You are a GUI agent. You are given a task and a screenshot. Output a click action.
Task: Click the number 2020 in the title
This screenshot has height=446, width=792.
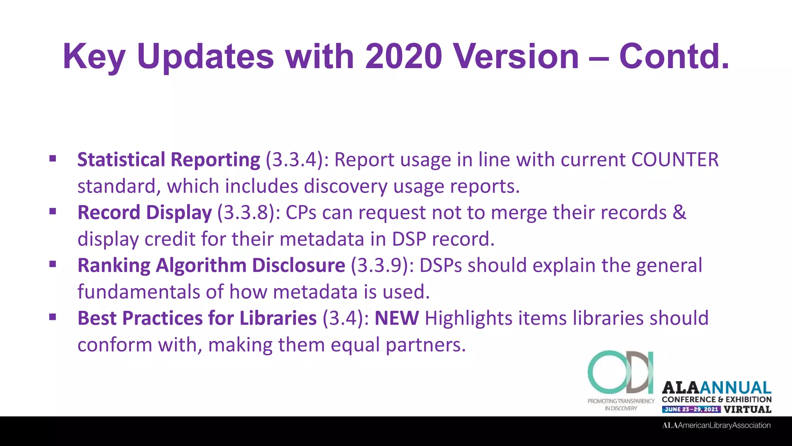point(403,57)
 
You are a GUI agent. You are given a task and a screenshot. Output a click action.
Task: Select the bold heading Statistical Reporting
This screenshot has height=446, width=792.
point(169,160)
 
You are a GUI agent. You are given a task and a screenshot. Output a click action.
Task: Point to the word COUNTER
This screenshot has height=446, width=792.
point(675,160)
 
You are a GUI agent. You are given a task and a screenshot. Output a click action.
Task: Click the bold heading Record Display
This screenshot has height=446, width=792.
point(145,213)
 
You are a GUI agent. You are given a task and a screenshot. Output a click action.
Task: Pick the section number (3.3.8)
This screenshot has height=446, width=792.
point(249,213)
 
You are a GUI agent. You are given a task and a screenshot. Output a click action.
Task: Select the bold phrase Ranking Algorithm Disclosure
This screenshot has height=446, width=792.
point(211,266)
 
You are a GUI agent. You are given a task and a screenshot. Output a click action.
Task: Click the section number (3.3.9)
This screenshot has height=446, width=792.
point(382,266)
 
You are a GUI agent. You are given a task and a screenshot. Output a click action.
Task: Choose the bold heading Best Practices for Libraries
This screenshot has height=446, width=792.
point(197,318)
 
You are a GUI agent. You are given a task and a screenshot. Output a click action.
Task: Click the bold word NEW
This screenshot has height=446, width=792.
point(397,318)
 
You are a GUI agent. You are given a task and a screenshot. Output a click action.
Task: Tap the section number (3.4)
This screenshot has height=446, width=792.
point(346,318)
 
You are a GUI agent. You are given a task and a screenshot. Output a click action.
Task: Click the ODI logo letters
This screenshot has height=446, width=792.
point(621,372)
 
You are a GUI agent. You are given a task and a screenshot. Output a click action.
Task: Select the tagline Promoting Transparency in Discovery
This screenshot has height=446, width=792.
point(621,405)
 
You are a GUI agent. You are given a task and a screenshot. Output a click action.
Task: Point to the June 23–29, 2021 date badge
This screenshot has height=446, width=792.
point(691,410)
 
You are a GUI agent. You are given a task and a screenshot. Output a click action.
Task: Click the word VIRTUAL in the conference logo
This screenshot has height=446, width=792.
point(748,410)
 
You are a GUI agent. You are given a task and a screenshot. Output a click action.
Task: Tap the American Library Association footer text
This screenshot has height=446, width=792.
point(716,425)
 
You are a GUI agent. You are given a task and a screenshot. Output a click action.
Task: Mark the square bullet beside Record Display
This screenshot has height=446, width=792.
point(53,211)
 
